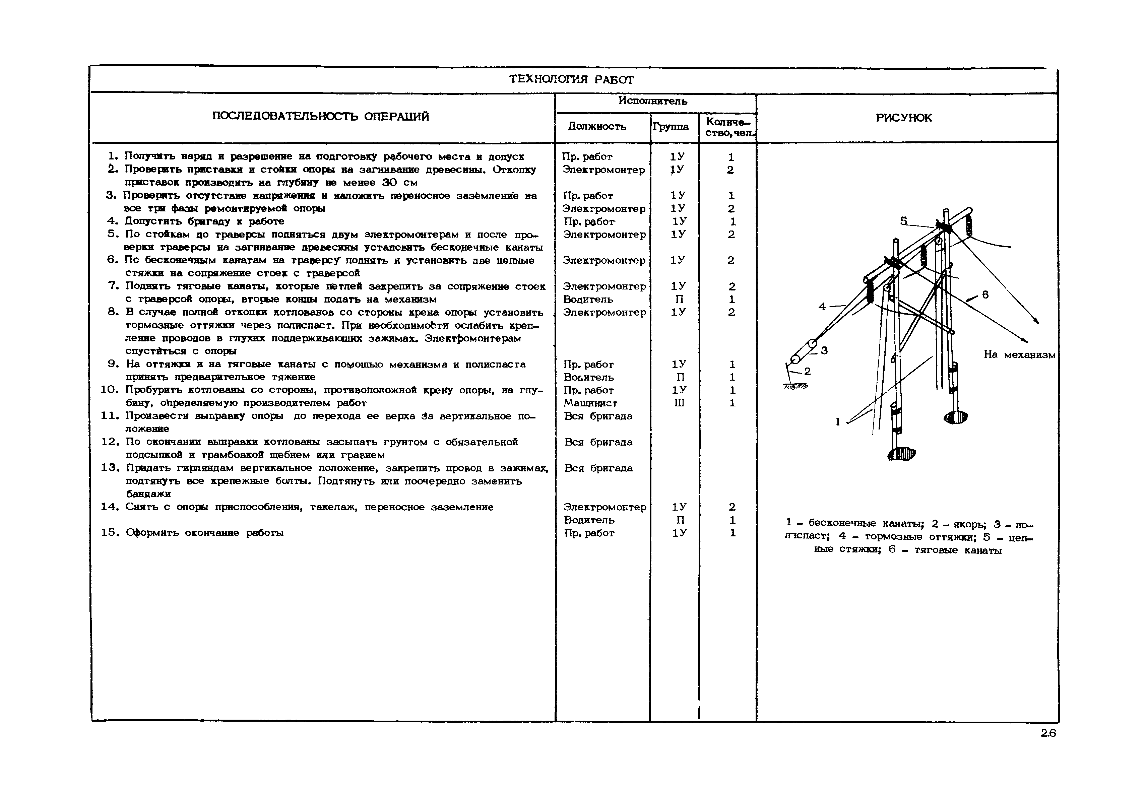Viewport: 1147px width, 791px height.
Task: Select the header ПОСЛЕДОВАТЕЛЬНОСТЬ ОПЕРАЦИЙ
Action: [x=320, y=117]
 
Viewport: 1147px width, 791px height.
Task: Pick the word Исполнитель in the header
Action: [x=652, y=101]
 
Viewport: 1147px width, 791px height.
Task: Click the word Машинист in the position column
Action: [x=590, y=403]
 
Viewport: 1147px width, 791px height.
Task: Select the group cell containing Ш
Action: [x=679, y=403]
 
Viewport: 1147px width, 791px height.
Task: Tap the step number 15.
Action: [x=110, y=533]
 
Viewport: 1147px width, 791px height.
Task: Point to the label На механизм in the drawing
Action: [x=1019, y=355]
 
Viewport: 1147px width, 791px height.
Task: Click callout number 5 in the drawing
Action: [x=904, y=221]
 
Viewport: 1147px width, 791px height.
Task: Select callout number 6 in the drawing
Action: [x=985, y=295]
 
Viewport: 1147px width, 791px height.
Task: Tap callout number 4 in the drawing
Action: [x=822, y=307]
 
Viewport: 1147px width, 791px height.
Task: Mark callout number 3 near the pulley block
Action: [x=824, y=351]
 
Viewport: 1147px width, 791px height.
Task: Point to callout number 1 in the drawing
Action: [x=838, y=422]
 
